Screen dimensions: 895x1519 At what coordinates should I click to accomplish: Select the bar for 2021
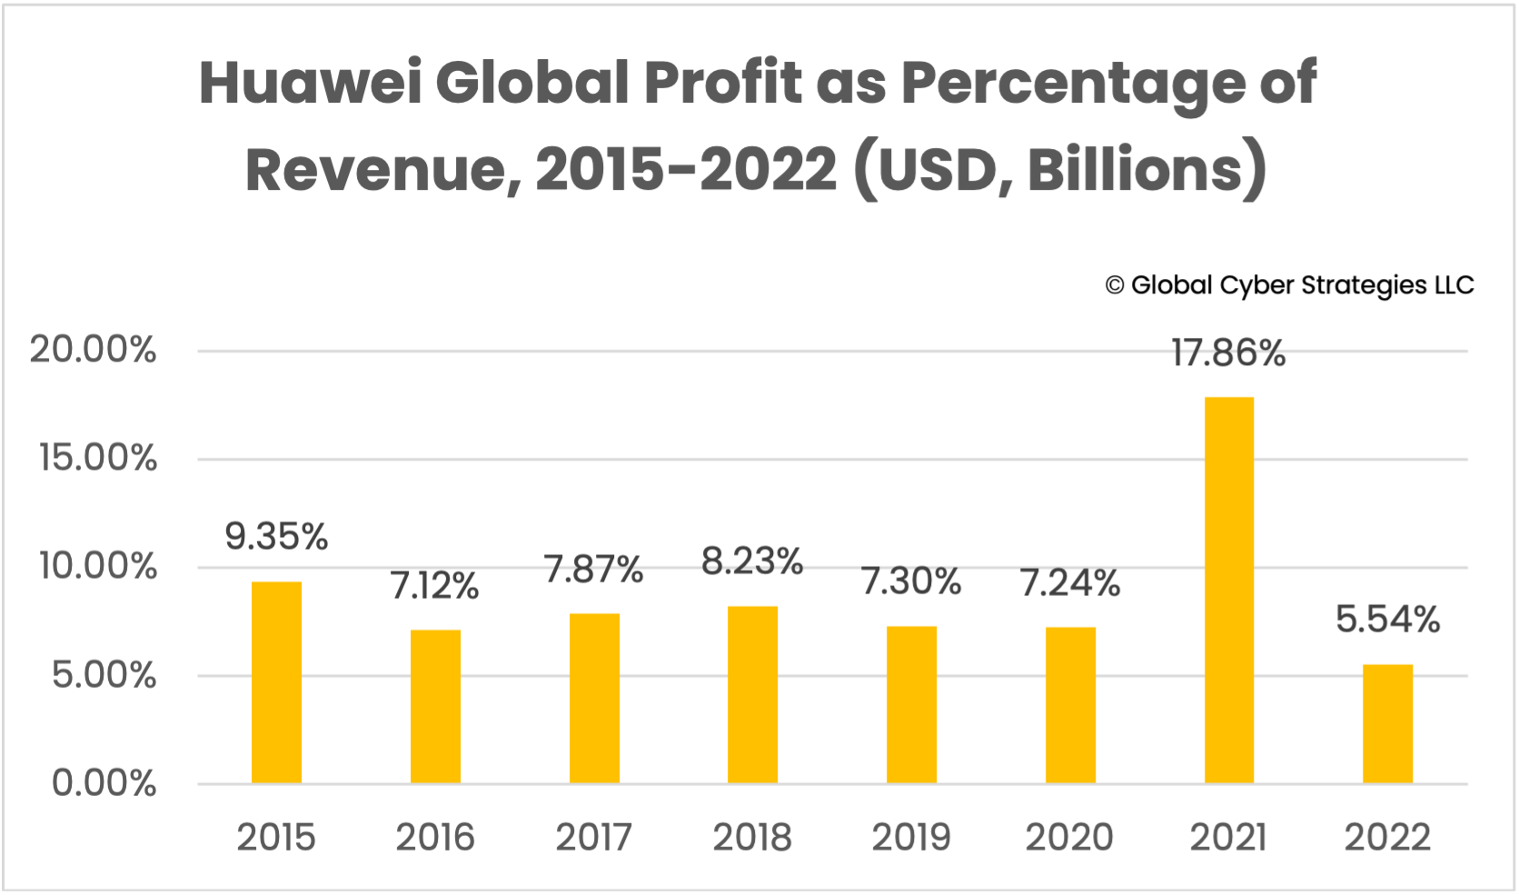(1228, 591)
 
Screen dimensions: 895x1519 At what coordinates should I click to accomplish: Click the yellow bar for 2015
(276, 682)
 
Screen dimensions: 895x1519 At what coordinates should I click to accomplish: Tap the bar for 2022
(1387, 724)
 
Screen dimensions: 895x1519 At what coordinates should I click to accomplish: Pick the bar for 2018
(752, 695)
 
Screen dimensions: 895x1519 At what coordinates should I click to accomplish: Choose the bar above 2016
(435, 707)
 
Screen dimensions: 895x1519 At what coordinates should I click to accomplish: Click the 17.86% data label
(1228, 353)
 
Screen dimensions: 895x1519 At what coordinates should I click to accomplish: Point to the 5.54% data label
(1387, 620)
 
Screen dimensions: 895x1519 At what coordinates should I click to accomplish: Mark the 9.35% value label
(276, 536)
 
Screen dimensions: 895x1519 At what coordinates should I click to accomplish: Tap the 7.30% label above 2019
(911, 582)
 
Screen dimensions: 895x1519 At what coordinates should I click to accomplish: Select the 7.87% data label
(593, 570)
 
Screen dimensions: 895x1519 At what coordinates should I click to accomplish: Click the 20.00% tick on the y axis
(93, 350)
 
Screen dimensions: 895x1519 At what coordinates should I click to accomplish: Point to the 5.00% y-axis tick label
(104, 675)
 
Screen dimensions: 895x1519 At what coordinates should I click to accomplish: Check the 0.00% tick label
(104, 783)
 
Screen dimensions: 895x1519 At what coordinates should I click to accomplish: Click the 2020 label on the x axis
(1069, 837)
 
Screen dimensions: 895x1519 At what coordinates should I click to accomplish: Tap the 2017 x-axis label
(593, 837)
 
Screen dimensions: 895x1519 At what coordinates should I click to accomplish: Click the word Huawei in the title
(310, 83)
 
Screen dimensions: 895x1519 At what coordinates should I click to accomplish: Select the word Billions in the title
(1134, 169)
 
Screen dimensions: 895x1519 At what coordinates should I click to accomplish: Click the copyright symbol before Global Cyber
(1115, 286)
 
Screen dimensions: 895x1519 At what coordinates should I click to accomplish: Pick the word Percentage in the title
(1072, 85)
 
